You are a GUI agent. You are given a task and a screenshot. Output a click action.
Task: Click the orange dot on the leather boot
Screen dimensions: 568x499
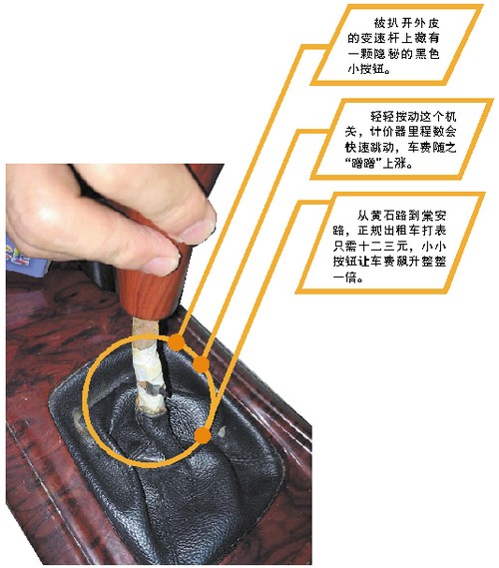coord(206,436)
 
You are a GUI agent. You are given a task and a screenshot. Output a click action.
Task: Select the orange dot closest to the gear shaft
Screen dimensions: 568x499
coord(177,342)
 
